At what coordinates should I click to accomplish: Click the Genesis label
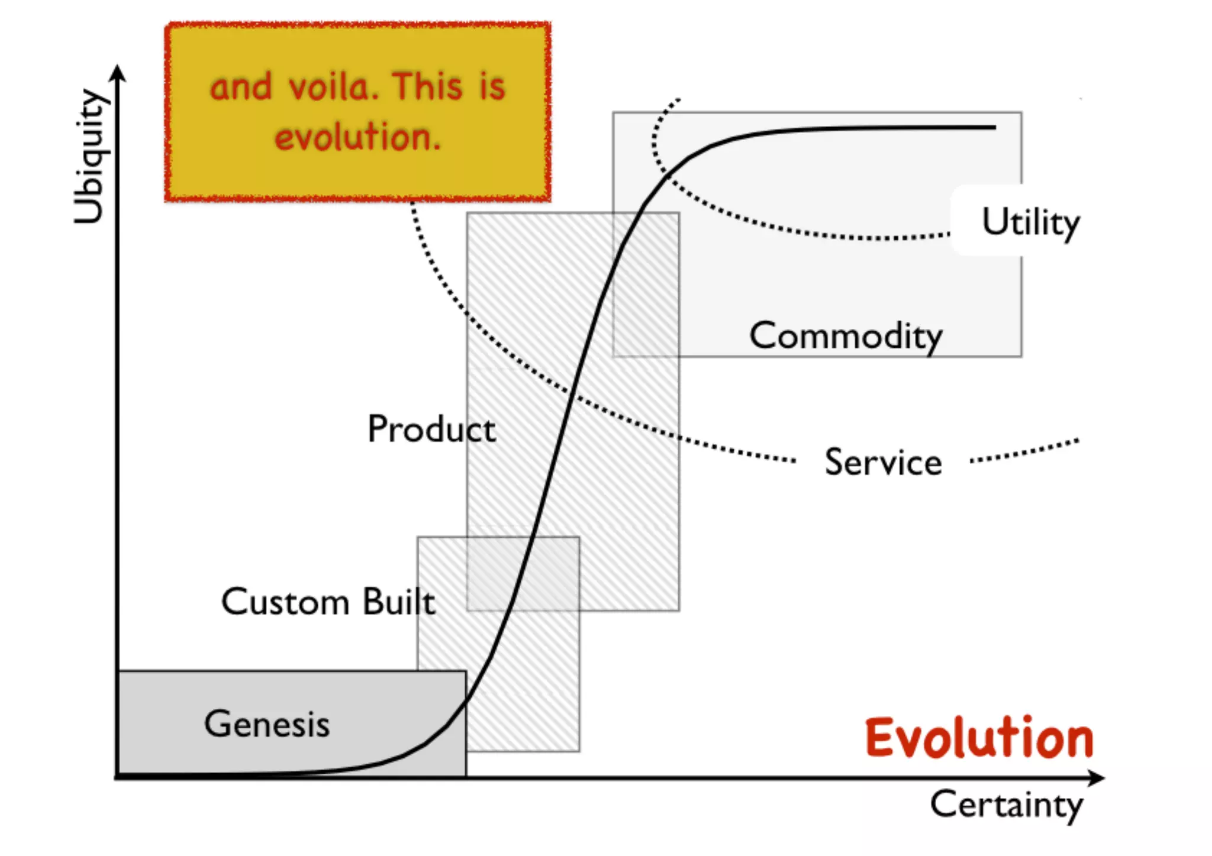click(267, 723)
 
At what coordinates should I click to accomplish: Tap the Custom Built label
click(328, 602)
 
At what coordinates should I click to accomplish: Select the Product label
click(431, 428)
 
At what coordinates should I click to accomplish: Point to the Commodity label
click(846, 336)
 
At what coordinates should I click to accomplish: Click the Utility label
click(1031, 222)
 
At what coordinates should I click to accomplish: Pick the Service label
click(883, 462)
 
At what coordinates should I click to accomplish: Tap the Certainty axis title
click(1007, 805)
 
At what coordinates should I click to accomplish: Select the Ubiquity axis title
click(90, 157)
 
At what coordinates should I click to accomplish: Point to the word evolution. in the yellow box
click(358, 137)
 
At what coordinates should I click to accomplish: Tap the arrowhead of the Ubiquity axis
click(118, 72)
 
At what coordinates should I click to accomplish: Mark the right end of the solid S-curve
click(994, 127)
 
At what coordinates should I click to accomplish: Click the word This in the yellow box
click(427, 86)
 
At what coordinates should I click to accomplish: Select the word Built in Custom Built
click(399, 602)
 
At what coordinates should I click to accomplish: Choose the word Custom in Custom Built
click(285, 602)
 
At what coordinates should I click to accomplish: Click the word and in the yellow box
click(241, 87)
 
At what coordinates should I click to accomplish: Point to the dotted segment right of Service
click(1024, 451)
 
